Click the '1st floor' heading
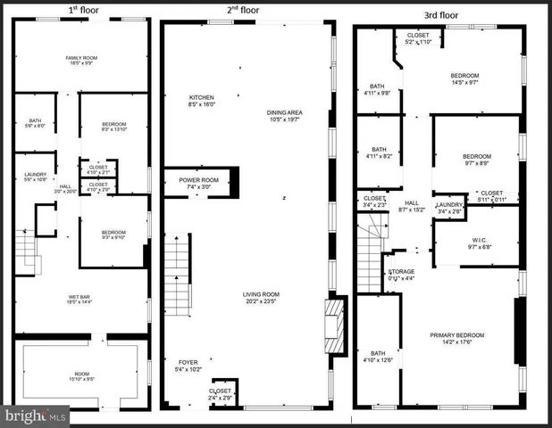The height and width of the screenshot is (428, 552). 83,11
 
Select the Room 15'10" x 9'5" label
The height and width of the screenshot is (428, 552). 81,374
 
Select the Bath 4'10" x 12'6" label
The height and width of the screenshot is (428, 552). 379,356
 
